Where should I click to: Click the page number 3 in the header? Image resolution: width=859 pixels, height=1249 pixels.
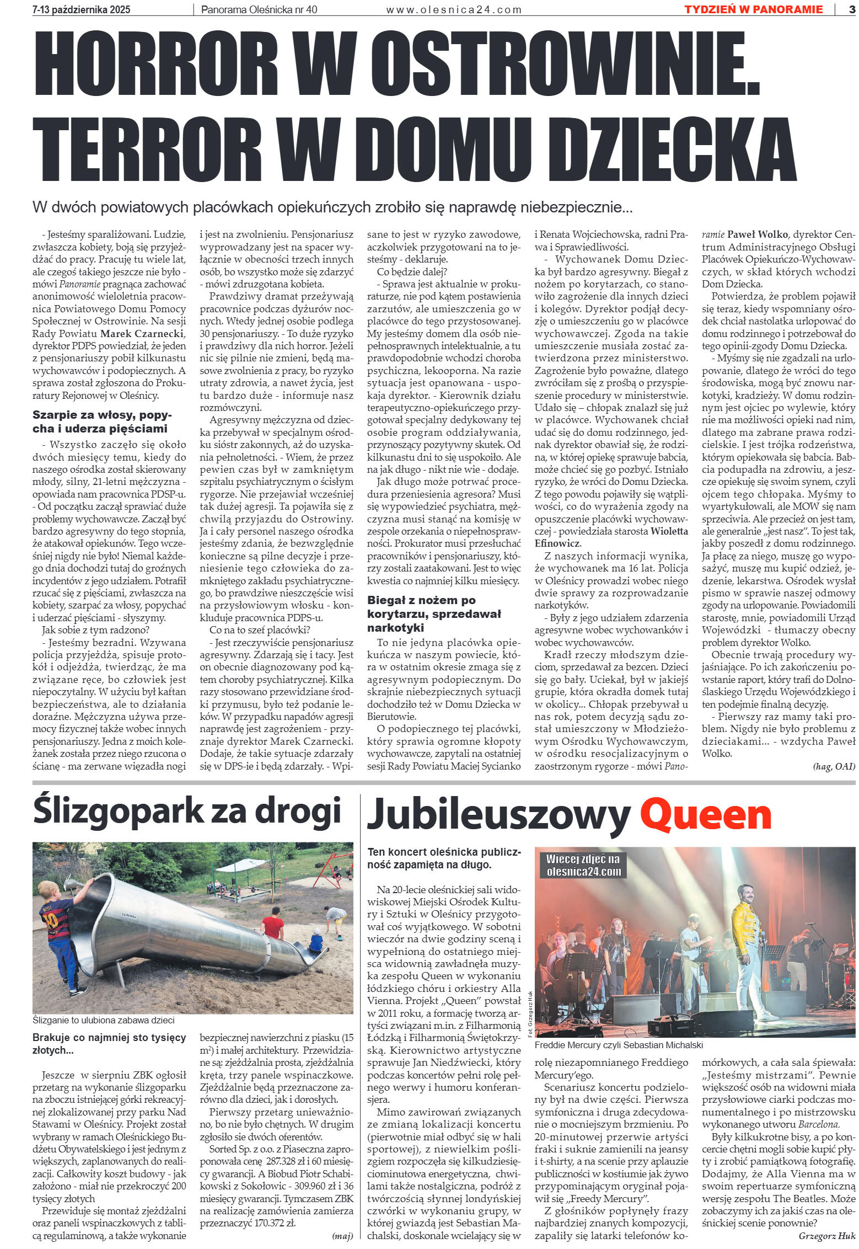click(850, 9)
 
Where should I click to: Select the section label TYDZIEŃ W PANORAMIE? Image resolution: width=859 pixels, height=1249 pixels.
click(753, 9)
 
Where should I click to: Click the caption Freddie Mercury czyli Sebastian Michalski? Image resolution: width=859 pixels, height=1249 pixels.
click(613, 1045)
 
